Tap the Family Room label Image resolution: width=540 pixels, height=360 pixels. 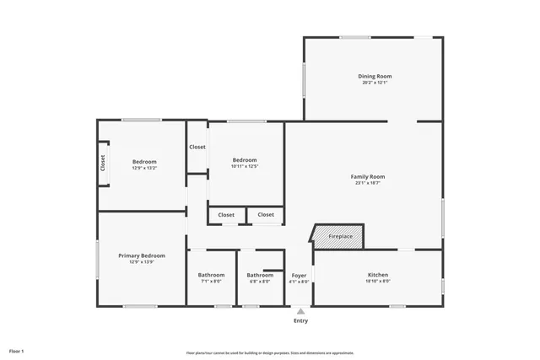click(x=368, y=176)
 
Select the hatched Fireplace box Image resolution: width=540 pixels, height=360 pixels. click(x=340, y=237)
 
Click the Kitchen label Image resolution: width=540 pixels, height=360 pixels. click(x=377, y=275)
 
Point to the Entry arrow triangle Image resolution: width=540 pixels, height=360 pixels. click(x=300, y=311)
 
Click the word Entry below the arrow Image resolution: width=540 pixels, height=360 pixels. click(x=300, y=320)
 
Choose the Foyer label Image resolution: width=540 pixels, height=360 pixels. click(x=299, y=275)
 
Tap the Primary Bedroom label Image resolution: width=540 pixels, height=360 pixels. click(x=142, y=255)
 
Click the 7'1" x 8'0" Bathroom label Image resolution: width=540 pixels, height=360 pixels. click(x=211, y=275)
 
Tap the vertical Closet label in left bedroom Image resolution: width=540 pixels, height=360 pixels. click(x=103, y=163)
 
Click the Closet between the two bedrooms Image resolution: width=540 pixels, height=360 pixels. click(x=197, y=147)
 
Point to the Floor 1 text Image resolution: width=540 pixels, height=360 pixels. click(x=17, y=350)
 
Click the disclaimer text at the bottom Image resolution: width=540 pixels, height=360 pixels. click(x=269, y=352)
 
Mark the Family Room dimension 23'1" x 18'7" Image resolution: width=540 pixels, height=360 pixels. click(x=368, y=183)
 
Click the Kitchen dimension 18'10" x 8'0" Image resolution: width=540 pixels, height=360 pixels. click(x=377, y=282)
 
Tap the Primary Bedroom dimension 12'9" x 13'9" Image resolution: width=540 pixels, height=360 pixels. click(x=142, y=262)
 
